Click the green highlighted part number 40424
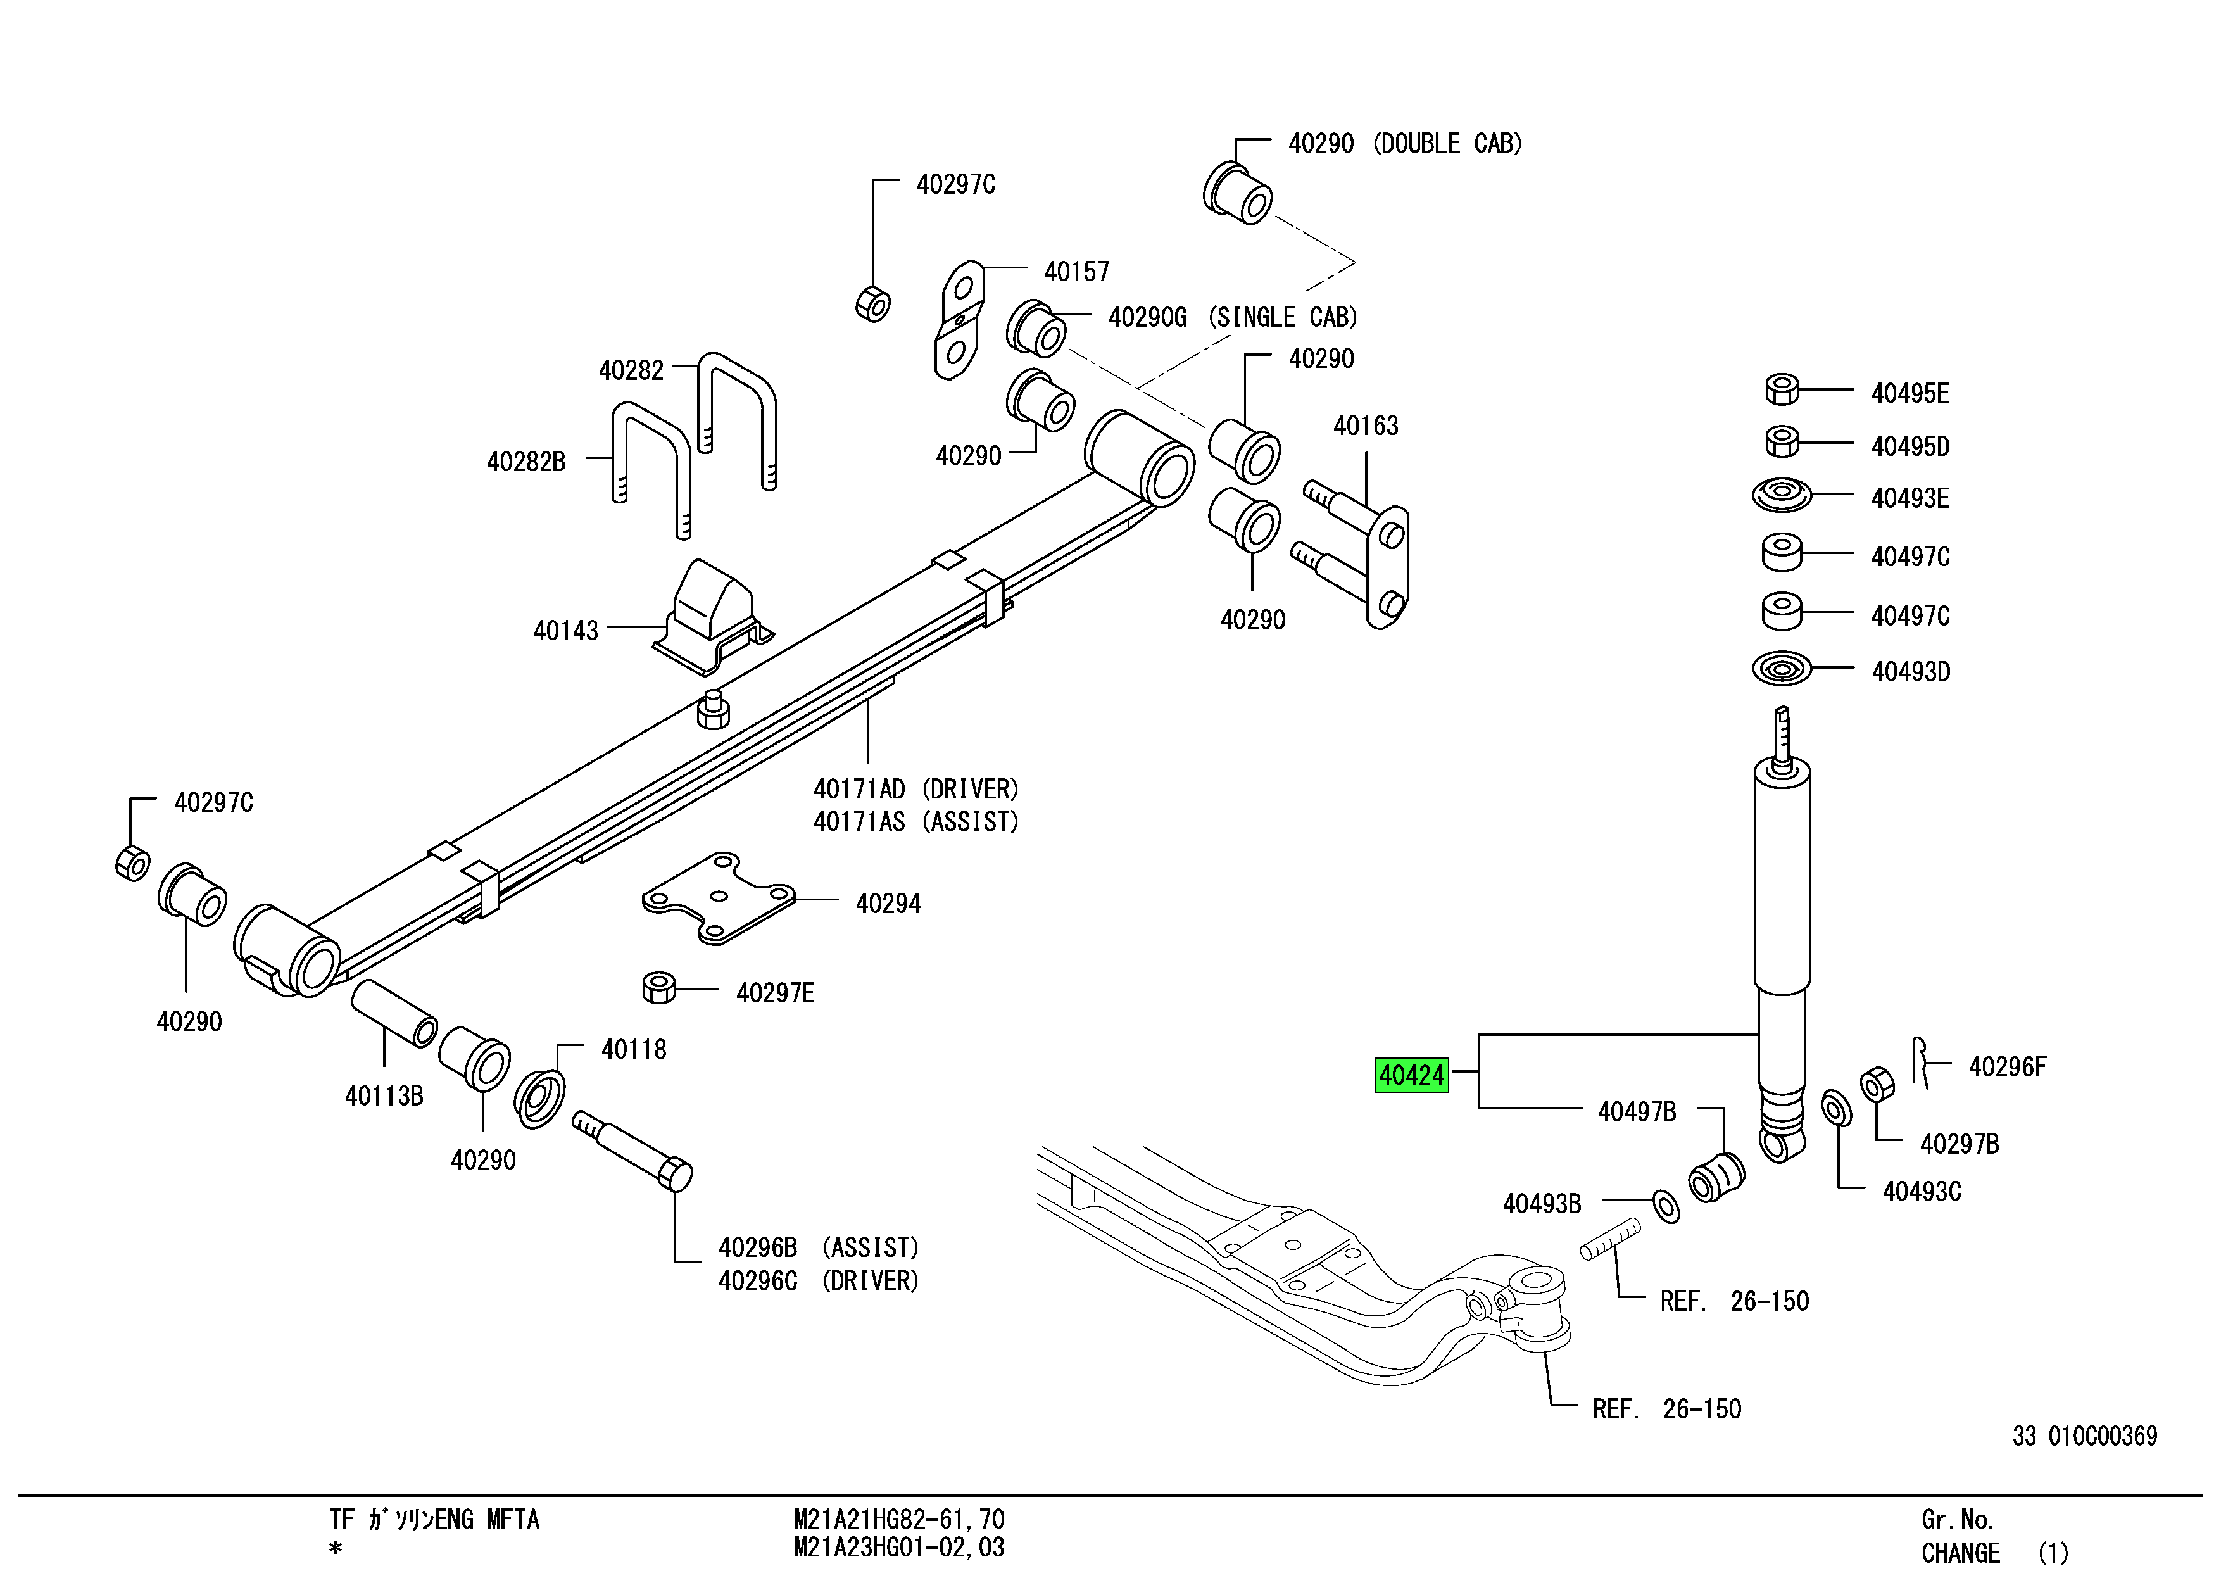click(x=1411, y=1075)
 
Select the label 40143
click(x=566, y=631)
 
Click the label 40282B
click(x=525, y=462)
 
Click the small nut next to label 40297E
click(x=658, y=988)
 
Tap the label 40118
click(x=634, y=1050)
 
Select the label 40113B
click(x=384, y=1096)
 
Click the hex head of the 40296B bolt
click(x=675, y=1175)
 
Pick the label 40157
click(x=1076, y=272)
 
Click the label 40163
click(x=1366, y=426)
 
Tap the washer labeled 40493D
click(x=1782, y=669)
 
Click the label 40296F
click(x=2007, y=1067)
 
